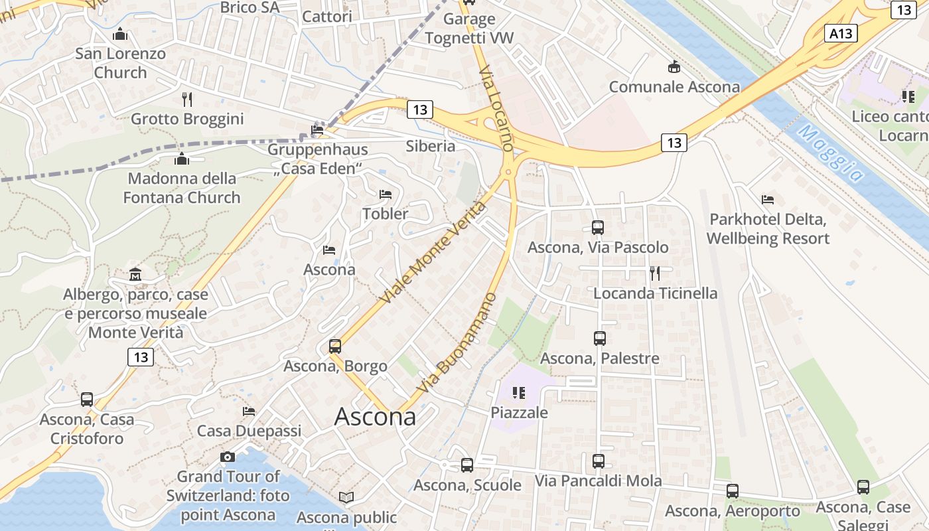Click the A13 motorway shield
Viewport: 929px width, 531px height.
pyautogui.click(x=841, y=33)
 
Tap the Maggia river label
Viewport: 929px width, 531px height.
pyautogui.click(x=832, y=153)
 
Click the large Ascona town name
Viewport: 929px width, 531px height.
pyautogui.click(x=375, y=417)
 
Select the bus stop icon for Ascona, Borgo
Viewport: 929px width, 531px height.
pyautogui.click(x=335, y=346)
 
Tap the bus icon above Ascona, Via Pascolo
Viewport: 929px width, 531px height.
pyautogui.click(x=597, y=228)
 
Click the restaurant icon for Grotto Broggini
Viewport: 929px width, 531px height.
pyautogui.click(x=187, y=100)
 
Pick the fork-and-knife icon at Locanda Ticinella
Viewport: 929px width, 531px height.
pyautogui.click(x=655, y=273)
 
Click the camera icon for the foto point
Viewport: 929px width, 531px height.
pyautogui.click(x=228, y=457)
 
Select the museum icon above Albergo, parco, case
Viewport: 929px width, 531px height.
pyautogui.click(x=135, y=274)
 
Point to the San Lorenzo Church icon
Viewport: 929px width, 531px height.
pyautogui.click(x=120, y=34)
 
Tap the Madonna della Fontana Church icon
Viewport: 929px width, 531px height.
pyautogui.click(x=181, y=159)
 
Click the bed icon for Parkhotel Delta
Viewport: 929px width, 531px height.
pyautogui.click(x=768, y=199)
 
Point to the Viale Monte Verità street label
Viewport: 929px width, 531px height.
pyautogui.click(x=434, y=253)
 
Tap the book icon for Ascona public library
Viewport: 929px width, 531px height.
pyautogui.click(x=346, y=497)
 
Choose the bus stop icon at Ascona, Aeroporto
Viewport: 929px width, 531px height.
pyautogui.click(x=732, y=491)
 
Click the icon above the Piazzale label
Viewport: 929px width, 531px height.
pyautogui.click(x=519, y=393)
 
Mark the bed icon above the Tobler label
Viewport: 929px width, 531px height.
pyautogui.click(x=385, y=194)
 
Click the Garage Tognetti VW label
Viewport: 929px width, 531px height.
pyautogui.click(x=469, y=29)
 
